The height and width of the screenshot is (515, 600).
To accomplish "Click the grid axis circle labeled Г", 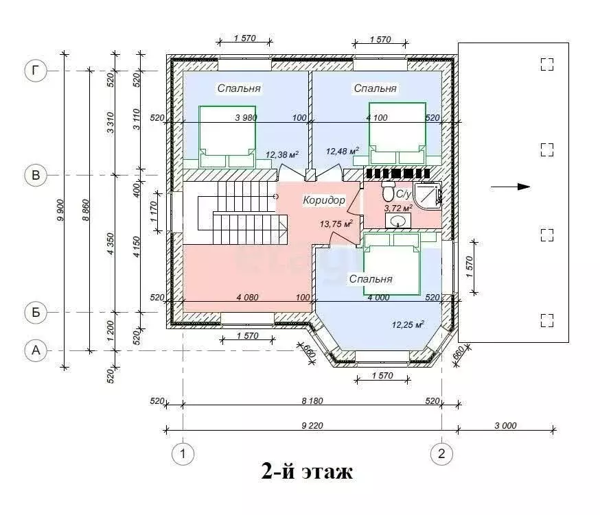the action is click(x=36, y=71).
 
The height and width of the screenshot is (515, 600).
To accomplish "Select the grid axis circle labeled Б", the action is click(x=36, y=313).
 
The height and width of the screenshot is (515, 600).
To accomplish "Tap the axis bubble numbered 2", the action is click(x=441, y=454).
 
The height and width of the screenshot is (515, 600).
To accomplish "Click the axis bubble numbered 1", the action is click(x=183, y=454).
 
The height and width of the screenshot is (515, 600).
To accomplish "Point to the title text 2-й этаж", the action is click(x=307, y=471).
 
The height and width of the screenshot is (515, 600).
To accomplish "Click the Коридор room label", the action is click(x=324, y=200).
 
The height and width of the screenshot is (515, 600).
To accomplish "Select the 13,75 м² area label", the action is click(x=336, y=224).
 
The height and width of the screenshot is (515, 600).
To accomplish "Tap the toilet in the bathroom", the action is click(x=389, y=191).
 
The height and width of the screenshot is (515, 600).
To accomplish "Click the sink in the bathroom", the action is click(x=398, y=221).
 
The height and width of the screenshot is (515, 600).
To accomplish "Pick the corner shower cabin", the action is click(x=428, y=194).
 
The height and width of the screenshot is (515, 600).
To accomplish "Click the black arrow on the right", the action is click(x=511, y=187).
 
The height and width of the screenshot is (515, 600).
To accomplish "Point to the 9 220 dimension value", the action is click(x=312, y=426).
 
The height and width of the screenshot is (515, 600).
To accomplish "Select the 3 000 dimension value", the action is click(x=505, y=426).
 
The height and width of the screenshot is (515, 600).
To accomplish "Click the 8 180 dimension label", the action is click(x=312, y=400).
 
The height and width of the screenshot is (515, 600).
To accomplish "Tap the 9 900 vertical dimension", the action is click(x=60, y=210).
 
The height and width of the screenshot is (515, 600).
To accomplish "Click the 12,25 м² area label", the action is click(x=408, y=324).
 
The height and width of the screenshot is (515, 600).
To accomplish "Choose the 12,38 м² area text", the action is click(x=282, y=154).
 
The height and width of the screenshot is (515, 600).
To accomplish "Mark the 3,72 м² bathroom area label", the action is click(x=398, y=208).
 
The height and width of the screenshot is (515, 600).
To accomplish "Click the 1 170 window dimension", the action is click(x=154, y=211).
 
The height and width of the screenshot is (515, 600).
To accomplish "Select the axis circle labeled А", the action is click(x=36, y=350).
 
